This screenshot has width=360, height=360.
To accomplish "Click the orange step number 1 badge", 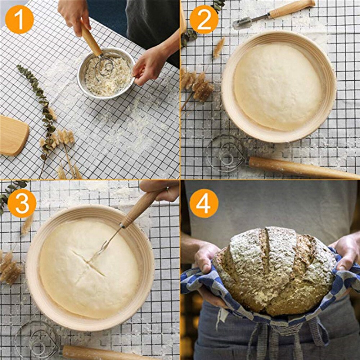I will pos(19,19).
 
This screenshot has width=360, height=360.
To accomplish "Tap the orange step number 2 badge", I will pos(204,19).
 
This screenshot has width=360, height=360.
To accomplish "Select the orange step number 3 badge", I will pos(22,203).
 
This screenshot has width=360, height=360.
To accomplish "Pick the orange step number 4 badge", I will pos(204,203).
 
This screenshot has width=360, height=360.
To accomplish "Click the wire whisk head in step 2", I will pos(225,153).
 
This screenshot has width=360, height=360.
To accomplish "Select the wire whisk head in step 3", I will pos(36,340).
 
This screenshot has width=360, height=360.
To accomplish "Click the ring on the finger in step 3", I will pos(167,189).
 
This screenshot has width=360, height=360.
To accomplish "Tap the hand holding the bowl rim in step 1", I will pos(149,65).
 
